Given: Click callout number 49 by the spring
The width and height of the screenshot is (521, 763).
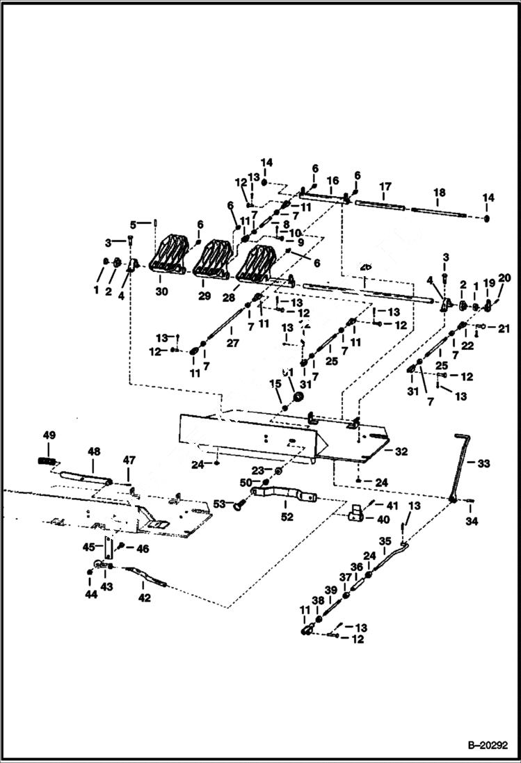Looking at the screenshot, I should click(49, 435).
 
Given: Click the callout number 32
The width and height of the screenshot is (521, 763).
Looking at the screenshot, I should click(401, 451).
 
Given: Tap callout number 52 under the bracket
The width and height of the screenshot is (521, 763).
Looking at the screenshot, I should click(287, 517).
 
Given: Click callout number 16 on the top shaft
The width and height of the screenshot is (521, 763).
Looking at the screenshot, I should click(332, 180).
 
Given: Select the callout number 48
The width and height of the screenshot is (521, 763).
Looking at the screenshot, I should click(93, 451).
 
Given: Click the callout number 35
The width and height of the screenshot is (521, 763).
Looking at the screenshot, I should click(385, 540).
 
